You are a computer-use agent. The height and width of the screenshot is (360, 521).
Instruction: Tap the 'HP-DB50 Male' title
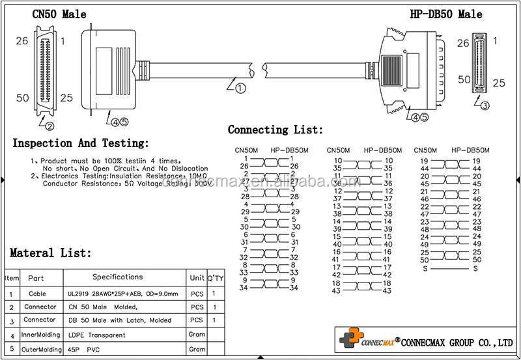446,14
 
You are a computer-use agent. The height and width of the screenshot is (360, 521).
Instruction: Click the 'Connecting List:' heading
275,130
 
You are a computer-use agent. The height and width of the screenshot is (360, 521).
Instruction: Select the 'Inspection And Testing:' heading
81,143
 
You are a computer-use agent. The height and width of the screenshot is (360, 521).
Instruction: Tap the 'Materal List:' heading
51,253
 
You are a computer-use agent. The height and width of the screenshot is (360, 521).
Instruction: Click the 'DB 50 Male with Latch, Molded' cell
120,320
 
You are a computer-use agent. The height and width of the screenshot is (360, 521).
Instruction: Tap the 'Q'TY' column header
215,277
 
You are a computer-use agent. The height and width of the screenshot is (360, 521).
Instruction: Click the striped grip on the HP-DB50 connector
391,68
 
